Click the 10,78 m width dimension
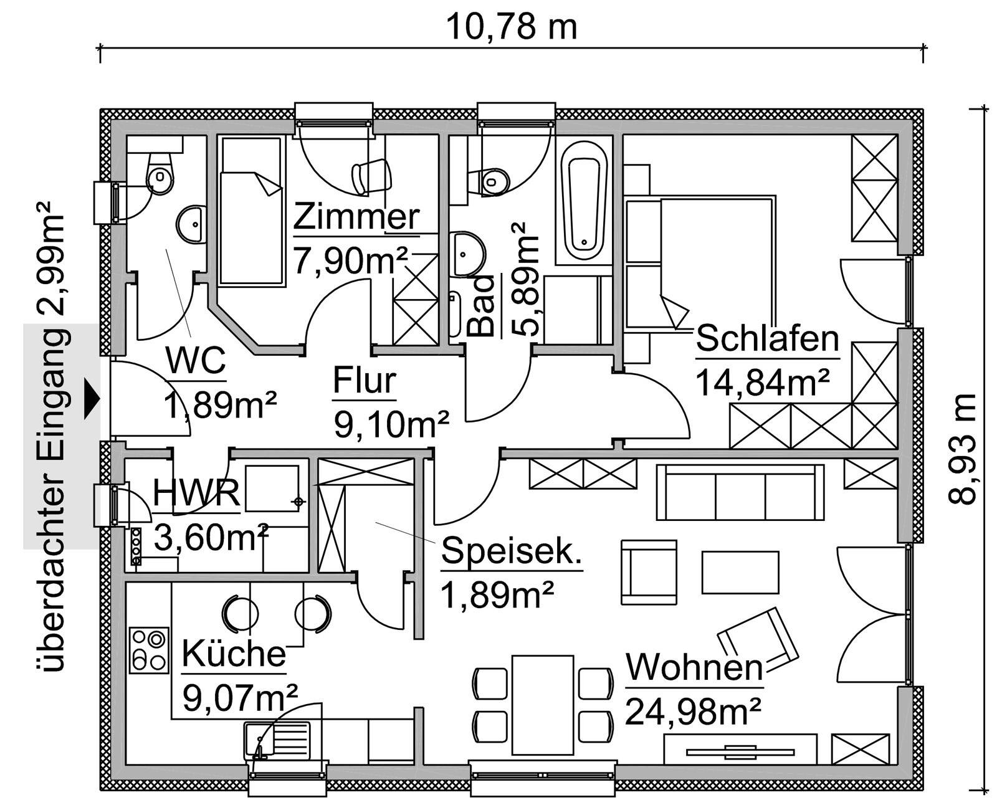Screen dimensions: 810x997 pyautogui.click(x=511, y=27)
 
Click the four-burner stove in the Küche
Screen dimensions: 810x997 pyautogui.click(x=150, y=650)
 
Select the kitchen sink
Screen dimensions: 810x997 pyautogui.click(x=277, y=740)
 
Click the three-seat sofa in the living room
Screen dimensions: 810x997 pyautogui.click(x=740, y=492)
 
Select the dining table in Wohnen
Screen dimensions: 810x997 pyautogui.click(x=542, y=705)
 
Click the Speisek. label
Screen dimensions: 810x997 pyautogui.click(x=511, y=551)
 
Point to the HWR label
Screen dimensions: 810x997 pyautogui.click(x=196, y=493)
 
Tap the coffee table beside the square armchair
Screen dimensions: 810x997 pyautogui.click(x=740, y=572)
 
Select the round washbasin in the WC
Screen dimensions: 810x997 pyautogui.click(x=192, y=224)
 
